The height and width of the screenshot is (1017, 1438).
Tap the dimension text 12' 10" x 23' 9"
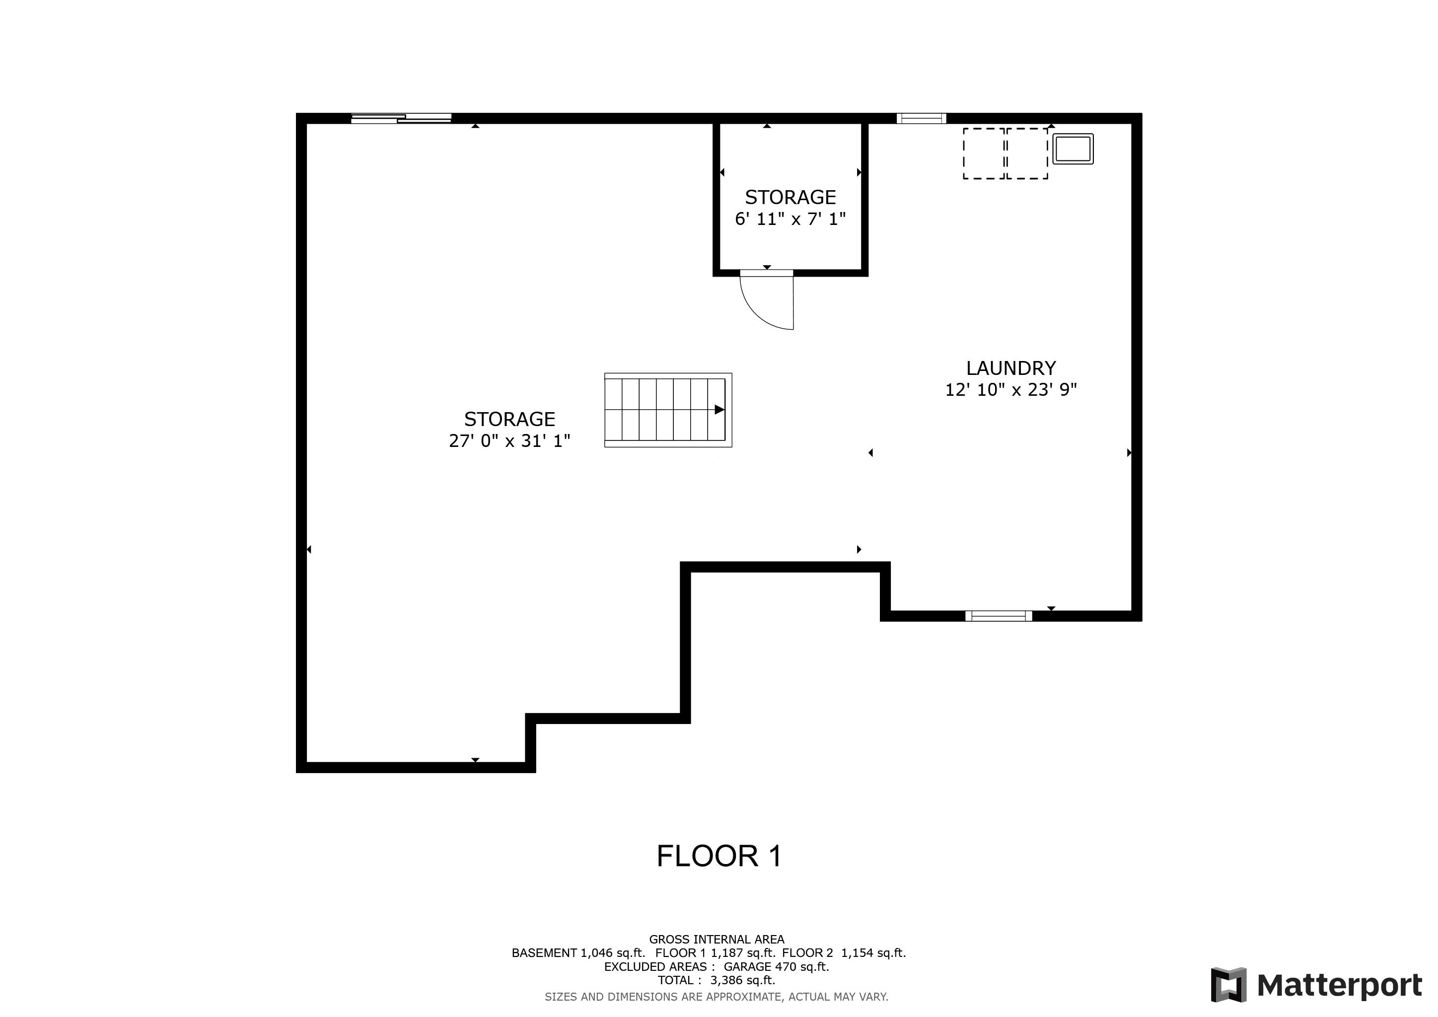click(1010, 389)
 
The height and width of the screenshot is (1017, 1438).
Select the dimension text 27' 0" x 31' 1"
click(509, 441)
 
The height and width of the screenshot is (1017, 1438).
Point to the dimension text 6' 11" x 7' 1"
click(790, 219)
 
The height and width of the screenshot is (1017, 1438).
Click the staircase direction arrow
click(719, 410)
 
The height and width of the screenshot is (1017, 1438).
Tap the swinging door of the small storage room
click(768, 300)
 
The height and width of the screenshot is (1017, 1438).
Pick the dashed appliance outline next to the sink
click(1026, 153)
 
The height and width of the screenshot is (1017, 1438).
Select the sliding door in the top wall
click(401, 118)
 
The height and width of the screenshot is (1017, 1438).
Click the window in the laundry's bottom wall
click(999, 616)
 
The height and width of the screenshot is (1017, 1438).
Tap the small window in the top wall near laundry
click(921, 118)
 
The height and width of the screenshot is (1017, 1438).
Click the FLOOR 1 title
click(719, 856)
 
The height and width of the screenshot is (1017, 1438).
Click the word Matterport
click(1339, 985)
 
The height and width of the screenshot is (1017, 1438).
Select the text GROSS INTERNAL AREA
click(716, 940)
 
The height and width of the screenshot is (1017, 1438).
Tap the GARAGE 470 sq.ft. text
click(776, 966)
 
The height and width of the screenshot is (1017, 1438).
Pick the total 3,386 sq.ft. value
click(742, 980)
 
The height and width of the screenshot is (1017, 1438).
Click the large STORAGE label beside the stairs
click(509, 419)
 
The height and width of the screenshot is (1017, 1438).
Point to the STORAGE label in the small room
click(790, 197)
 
